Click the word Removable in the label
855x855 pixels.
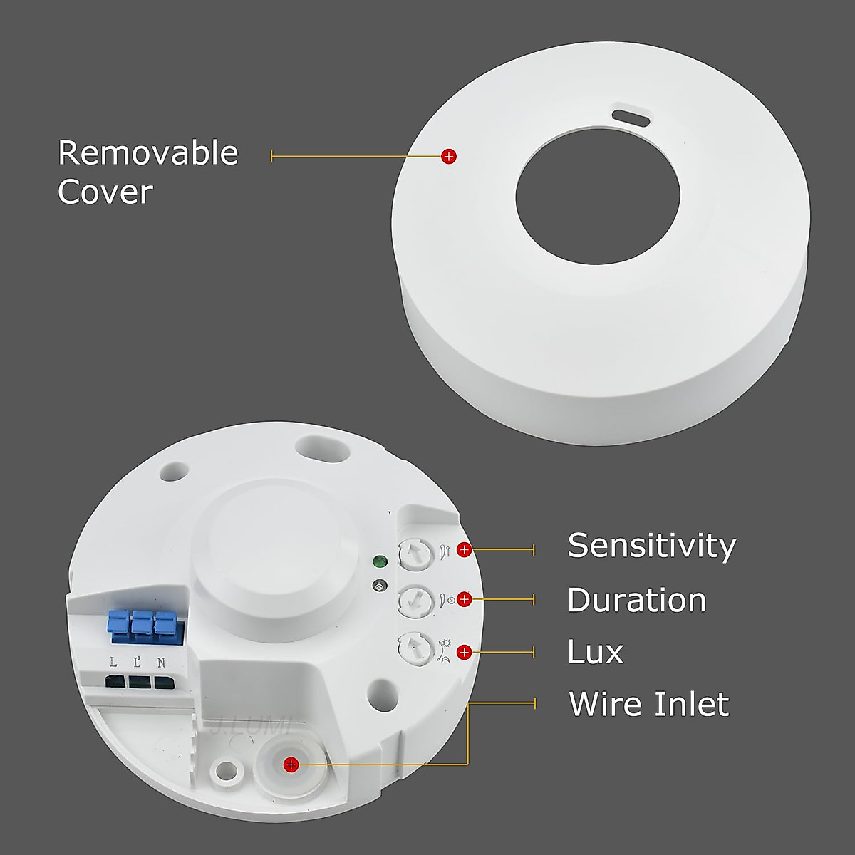[147, 153]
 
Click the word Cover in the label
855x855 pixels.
[105, 192]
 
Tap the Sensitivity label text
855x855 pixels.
[651, 546]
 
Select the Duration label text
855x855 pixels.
[636, 600]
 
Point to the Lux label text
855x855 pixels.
[595, 652]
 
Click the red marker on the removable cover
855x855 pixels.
[448, 155]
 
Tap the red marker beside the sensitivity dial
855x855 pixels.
[464, 549]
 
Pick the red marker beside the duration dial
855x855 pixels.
[464, 599]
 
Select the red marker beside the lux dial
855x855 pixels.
[464, 651]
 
